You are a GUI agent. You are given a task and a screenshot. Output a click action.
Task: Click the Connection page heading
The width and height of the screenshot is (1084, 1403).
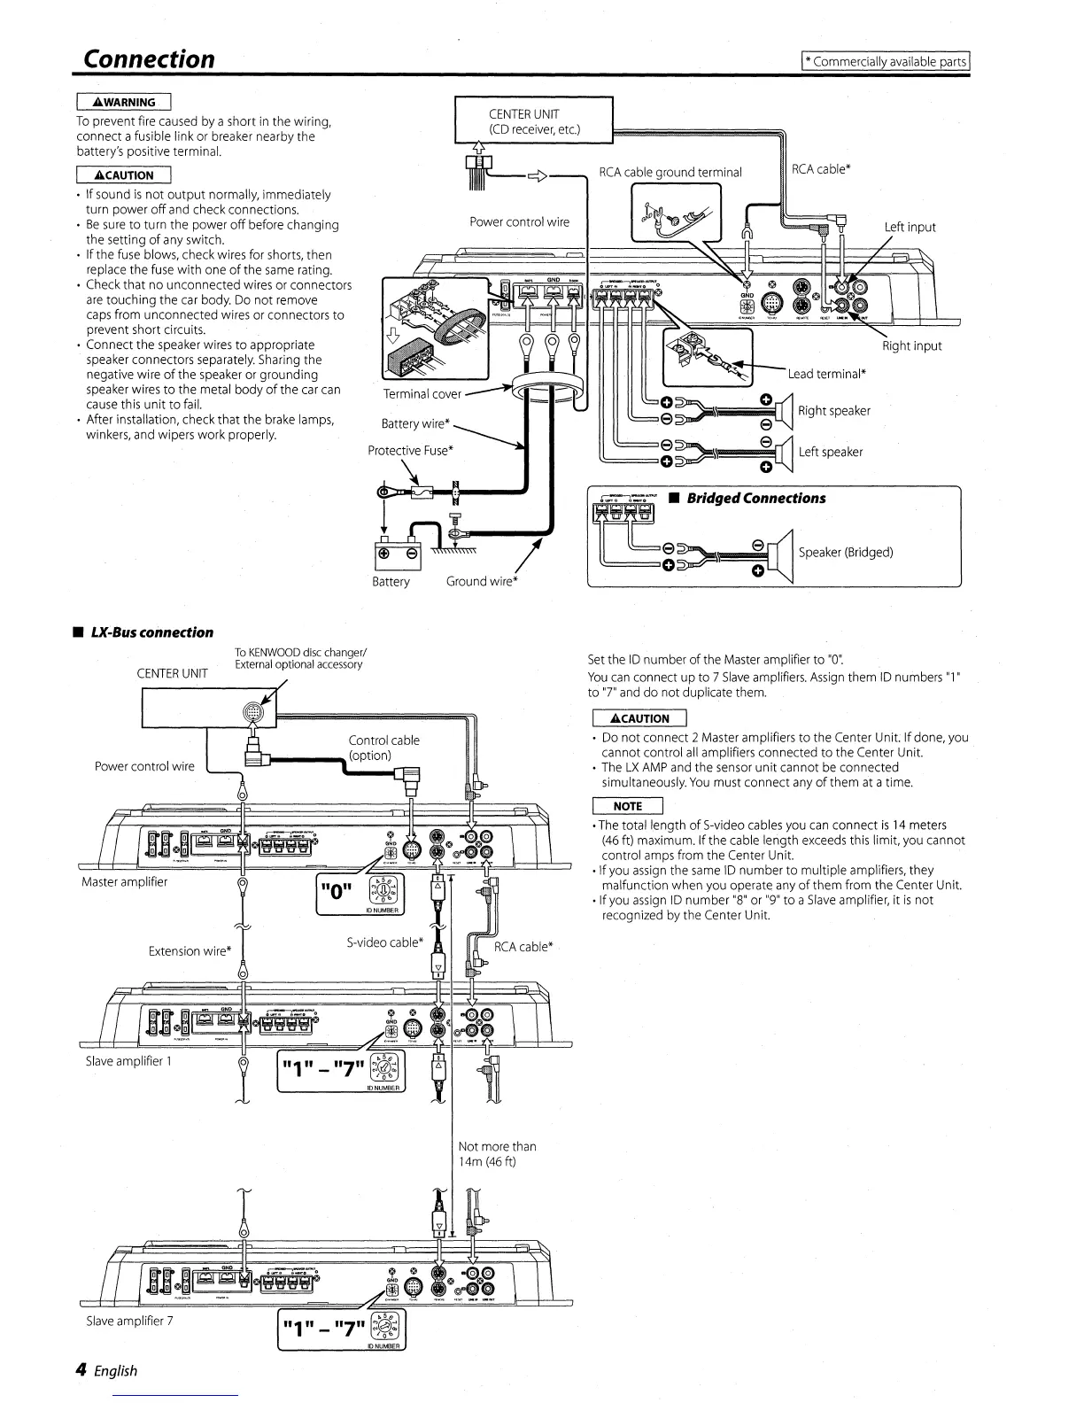click(x=148, y=58)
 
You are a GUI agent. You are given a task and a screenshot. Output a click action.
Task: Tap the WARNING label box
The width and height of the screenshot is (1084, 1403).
click(x=123, y=102)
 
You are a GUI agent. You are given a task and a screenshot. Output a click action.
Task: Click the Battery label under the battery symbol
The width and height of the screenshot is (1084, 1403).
click(x=391, y=581)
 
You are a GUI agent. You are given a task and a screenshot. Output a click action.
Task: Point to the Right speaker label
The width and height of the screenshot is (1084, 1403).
click(x=833, y=411)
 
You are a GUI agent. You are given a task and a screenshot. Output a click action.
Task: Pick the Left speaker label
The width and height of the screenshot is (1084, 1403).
click(x=830, y=452)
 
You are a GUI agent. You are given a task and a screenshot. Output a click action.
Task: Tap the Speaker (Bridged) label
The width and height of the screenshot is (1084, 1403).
click(x=845, y=552)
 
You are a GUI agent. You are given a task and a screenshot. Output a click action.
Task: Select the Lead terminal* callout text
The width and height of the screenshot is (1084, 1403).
click(x=826, y=374)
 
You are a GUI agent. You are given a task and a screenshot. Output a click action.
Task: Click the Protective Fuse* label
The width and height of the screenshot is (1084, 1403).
click(x=411, y=450)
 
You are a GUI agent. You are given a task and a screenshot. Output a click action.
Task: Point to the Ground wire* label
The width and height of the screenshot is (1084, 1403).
click(x=482, y=581)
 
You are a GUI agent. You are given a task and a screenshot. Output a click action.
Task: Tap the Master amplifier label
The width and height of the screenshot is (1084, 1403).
click(x=124, y=881)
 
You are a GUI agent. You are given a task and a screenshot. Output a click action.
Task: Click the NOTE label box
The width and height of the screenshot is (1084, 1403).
click(x=627, y=806)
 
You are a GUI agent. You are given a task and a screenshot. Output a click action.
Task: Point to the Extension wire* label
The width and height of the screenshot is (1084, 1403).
click(x=190, y=951)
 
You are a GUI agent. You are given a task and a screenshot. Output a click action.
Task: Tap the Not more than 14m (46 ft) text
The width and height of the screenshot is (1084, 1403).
click(x=497, y=1153)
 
